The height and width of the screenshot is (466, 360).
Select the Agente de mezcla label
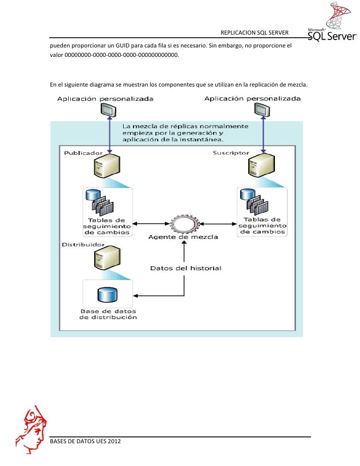183,237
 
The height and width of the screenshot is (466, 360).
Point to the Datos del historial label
185,268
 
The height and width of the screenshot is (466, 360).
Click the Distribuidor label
83,244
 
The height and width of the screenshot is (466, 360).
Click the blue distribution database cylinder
107,295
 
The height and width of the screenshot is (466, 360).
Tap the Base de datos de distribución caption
108,315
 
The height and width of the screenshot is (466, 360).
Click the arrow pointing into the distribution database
140,296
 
